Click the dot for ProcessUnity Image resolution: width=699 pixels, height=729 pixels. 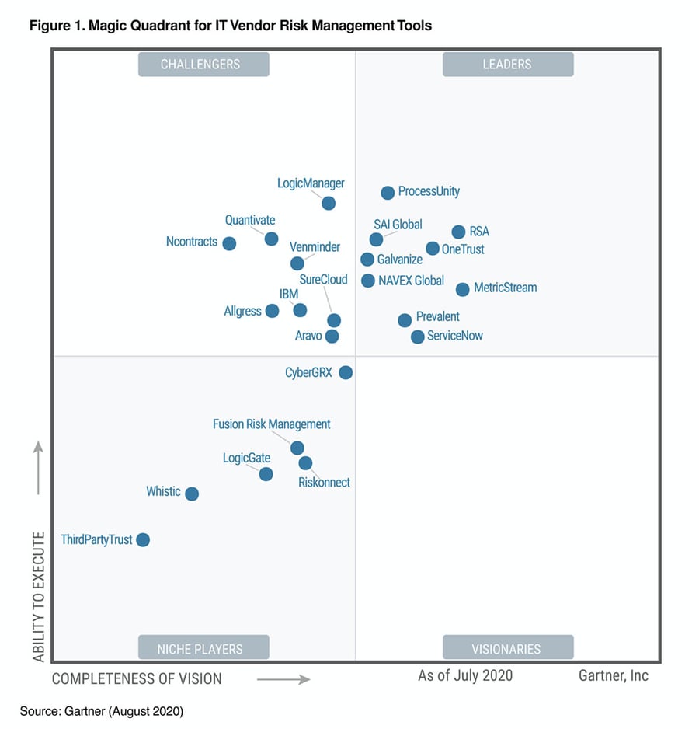point(388,193)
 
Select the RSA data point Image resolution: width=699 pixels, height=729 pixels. point(458,232)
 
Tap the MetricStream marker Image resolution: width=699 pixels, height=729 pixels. point(462,289)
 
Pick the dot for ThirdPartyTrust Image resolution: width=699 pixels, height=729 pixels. point(143,539)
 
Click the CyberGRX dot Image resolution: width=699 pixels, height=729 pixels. point(346,372)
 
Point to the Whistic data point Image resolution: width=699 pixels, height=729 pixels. point(192,494)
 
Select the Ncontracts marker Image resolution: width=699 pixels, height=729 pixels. point(229,243)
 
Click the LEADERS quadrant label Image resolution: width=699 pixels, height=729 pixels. point(507,65)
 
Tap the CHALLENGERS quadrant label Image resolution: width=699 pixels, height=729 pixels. point(203,65)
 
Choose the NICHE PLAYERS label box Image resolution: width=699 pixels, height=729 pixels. point(203,648)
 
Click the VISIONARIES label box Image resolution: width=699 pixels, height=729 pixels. point(507,648)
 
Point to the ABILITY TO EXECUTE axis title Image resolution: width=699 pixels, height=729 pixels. point(39,595)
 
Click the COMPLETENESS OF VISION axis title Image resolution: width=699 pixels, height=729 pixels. point(137,678)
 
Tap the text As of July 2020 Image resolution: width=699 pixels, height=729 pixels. point(465,675)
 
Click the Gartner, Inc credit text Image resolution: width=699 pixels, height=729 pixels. point(613,675)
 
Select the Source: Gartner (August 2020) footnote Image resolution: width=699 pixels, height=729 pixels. point(102,711)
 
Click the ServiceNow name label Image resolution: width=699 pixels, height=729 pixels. point(454,337)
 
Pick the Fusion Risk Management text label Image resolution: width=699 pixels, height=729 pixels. point(272,424)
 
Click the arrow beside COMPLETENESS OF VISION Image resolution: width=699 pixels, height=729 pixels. point(283,679)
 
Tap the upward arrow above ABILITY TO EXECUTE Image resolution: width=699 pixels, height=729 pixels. point(38,468)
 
